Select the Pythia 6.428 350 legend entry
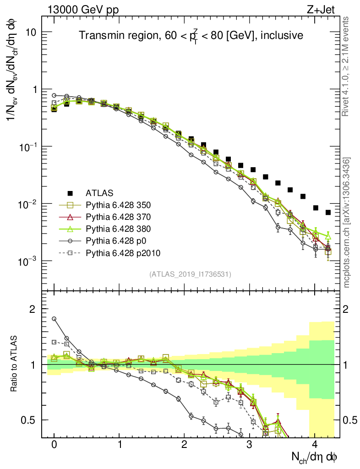[x=119, y=204]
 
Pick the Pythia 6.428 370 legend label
[x=119, y=216]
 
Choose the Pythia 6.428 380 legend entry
[x=119, y=228]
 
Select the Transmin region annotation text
[x=190, y=36]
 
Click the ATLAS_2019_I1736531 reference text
[x=190, y=274]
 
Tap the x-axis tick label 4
[x=315, y=445]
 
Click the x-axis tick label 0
[x=54, y=445]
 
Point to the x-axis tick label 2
[x=184, y=445]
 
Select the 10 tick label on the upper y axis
[x=32, y=32]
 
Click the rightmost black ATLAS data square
[x=328, y=212]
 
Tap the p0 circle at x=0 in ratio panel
[x=54, y=319]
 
